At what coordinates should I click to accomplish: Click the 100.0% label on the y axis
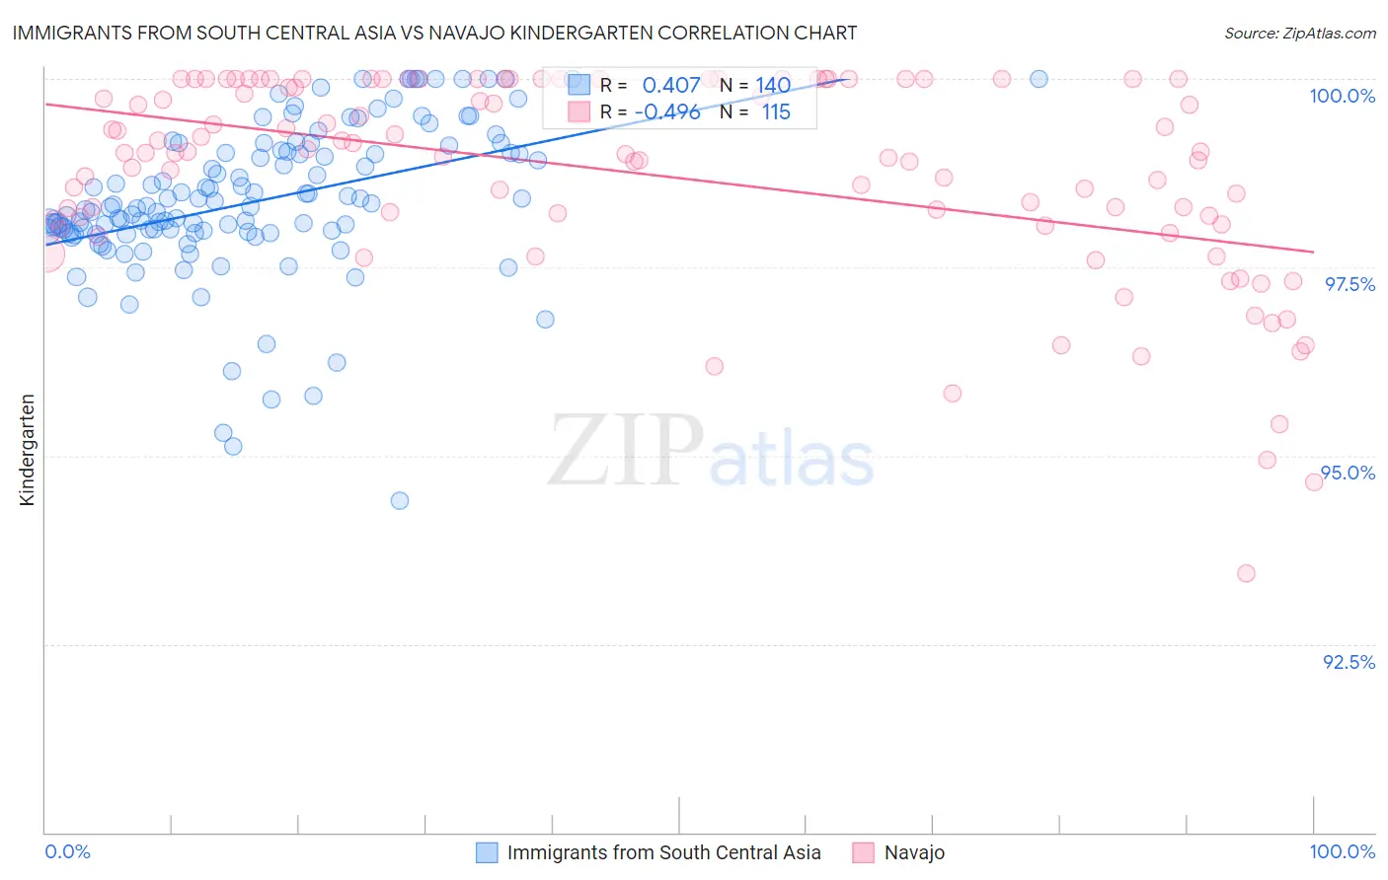pyautogui.click(x=1342, y=96)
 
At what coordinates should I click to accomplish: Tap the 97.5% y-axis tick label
pyautogui.click(x=1349, y=284)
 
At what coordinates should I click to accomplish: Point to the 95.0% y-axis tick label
pyautogui.click(x=1349, y=473)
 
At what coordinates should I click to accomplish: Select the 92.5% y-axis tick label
pyautogui.click(x=1349, y=662)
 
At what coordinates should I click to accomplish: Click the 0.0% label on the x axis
pyautogui.click(x=67, y=851)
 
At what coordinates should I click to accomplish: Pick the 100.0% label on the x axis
pyautogui.click(x=1342, y=851)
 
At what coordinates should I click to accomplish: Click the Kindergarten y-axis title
pyautogui.click(x=27, y=450)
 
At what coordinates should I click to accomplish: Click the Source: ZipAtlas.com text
pyautogui.click(x=1299, y=33)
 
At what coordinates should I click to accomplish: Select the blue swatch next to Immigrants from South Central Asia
pyautogui.click(x=487, y=852)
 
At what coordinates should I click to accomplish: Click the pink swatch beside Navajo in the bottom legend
pyautogui.click(x=864, y=852)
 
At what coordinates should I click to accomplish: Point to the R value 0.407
pyautogui.click(x=670, y=86)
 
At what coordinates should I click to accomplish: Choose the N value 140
pyautogui.click(x=773, y=86)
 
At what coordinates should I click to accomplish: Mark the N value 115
pyautogui.click(x=776, y=112)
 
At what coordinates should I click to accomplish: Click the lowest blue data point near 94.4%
pyautogui.click(x=400, y=500)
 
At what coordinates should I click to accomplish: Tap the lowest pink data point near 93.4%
pyautogui.click(x=1246, y=573)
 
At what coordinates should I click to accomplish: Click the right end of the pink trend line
pyautogui.click(x=1313, y=252)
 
